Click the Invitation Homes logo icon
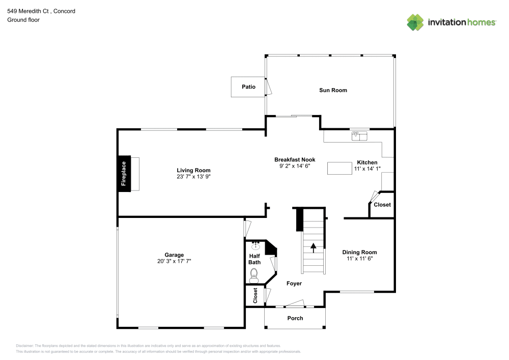click(415, 22)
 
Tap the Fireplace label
click(123, 173)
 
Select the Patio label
click(248, 87)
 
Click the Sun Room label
click(333, 90)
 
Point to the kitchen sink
click(359, 135)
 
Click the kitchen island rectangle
click(340, 168)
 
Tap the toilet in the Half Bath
click(254, 275)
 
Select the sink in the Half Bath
click(256, 246)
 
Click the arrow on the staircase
click(313, 247)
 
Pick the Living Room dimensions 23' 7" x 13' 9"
click(193, 177)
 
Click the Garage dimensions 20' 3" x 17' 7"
click(174, 261)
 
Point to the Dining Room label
click(359, 252)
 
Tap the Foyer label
click(294, 284)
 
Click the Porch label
click(295, 318)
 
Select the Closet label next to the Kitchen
click(382, 205)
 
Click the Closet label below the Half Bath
click(256, 296)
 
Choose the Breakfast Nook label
click(295, 159)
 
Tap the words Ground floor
click(23, 20)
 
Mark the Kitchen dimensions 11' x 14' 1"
click(367, 169)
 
